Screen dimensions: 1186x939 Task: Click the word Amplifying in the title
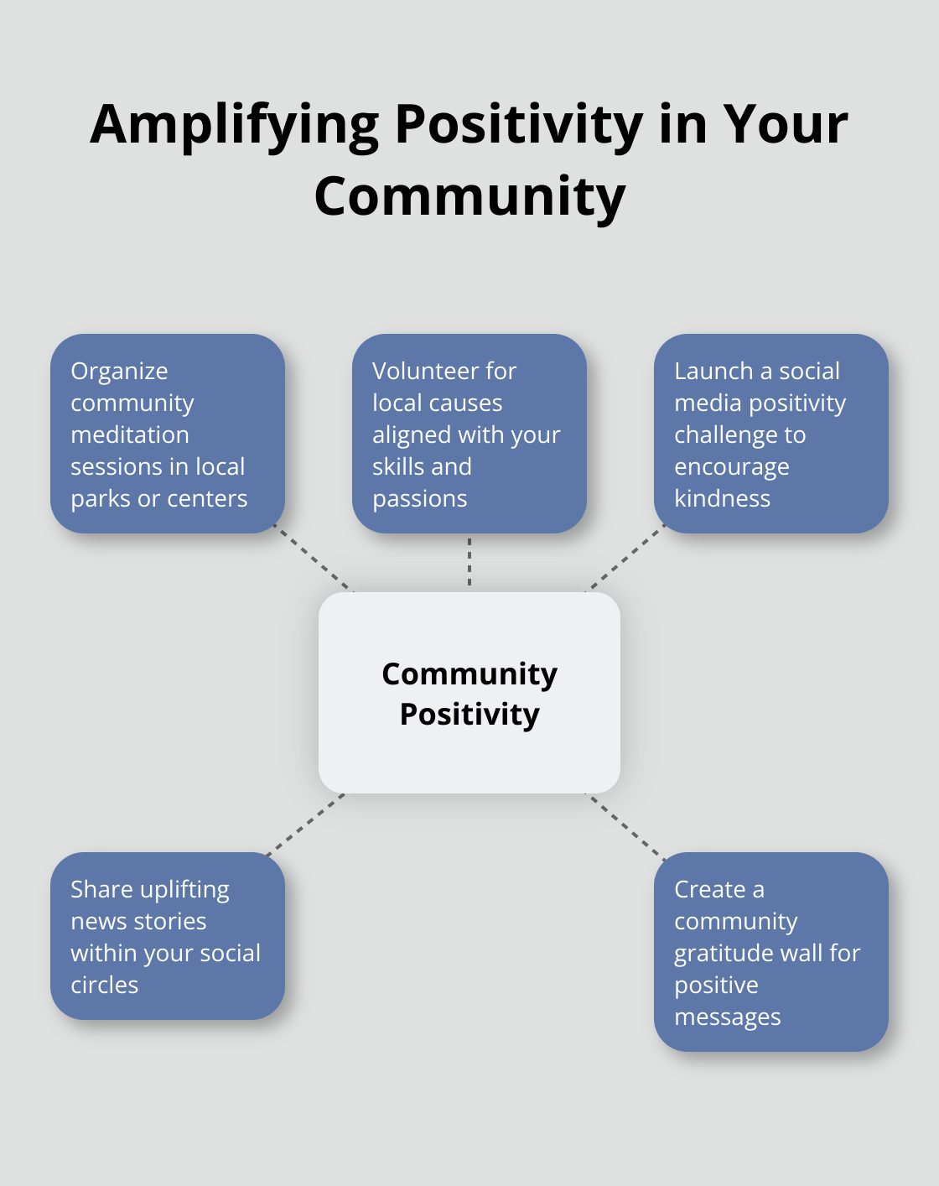(234, 125)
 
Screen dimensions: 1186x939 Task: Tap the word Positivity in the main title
(519, 125)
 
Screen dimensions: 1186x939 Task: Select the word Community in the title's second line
(469, 196)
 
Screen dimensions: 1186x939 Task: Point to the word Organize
(119, 372)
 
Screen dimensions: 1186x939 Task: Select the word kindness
(722, 498)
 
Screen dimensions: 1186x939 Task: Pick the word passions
(419, 499)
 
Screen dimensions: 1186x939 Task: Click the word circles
(104, 985)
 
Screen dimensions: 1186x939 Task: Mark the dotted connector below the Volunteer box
(469, 562)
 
